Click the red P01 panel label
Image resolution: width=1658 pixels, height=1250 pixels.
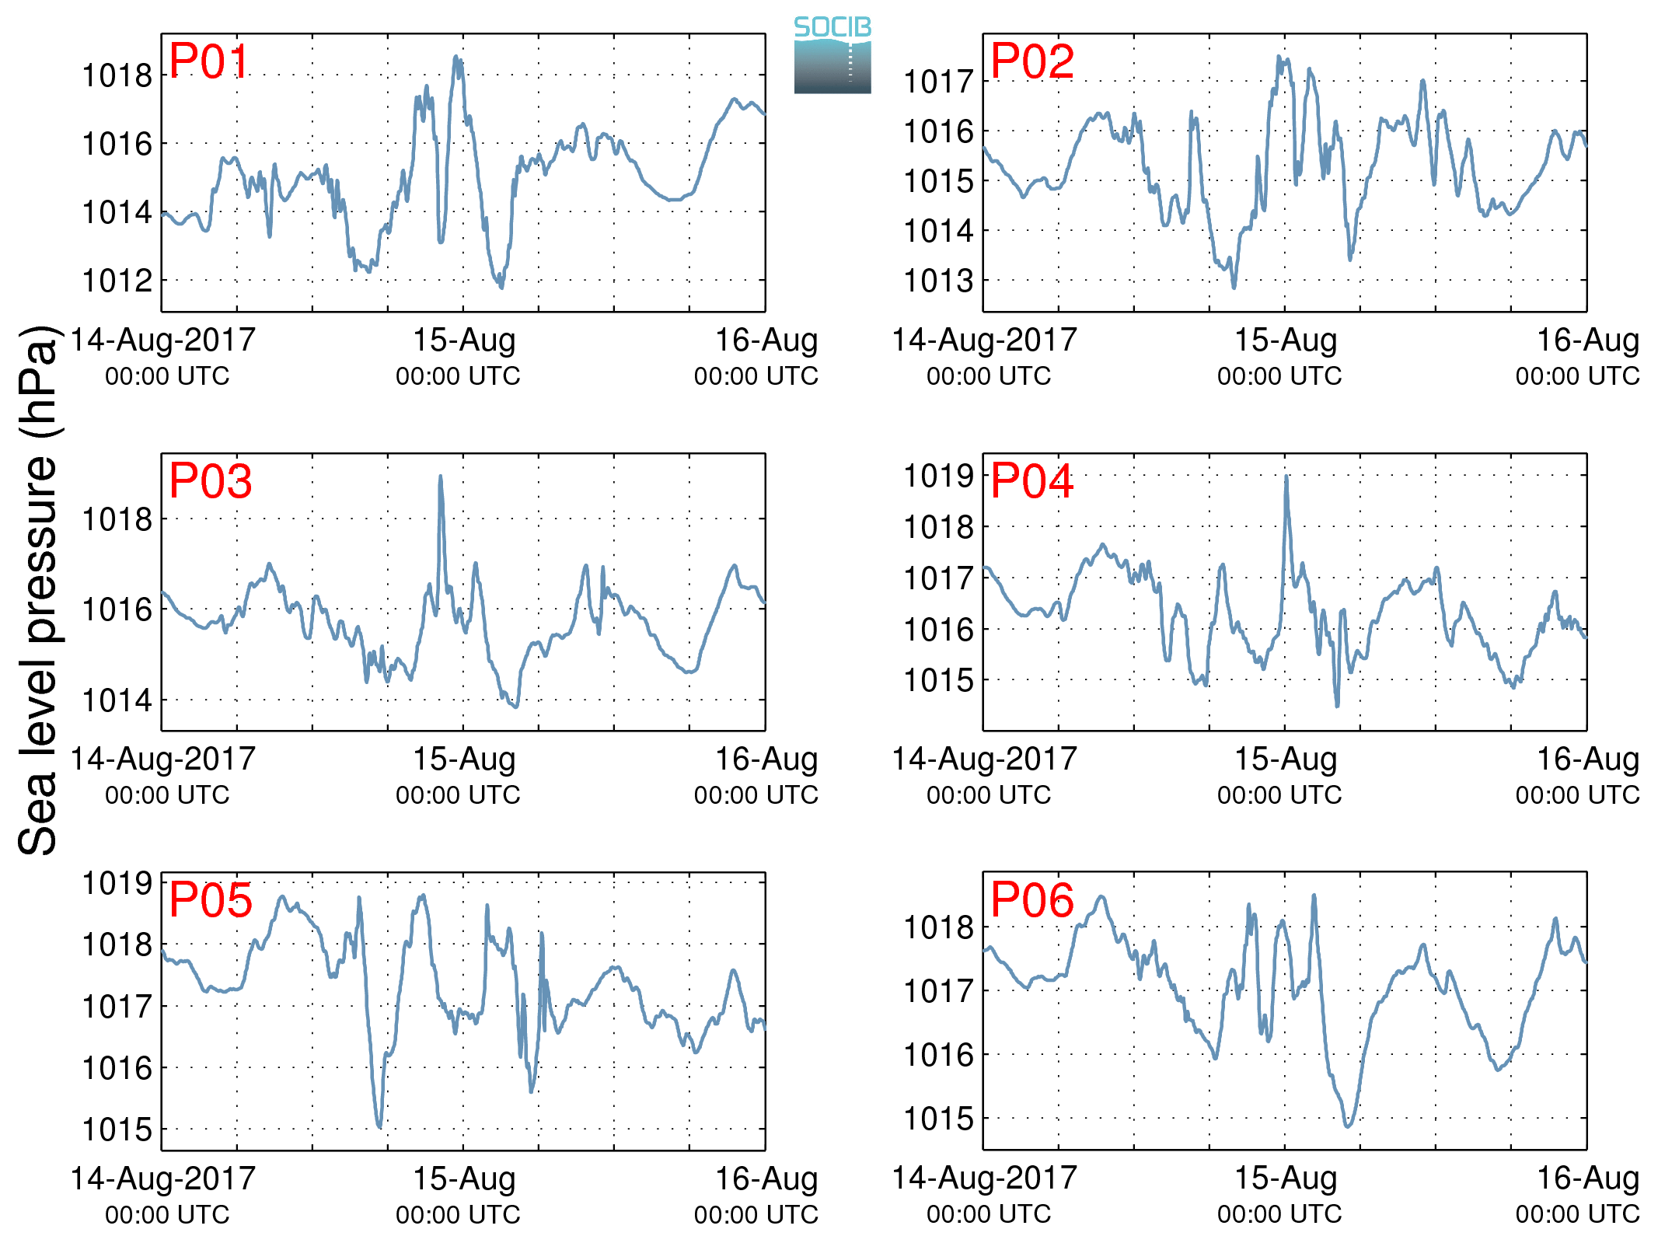[208, 61]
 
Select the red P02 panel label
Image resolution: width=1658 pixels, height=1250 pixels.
[1031, 61]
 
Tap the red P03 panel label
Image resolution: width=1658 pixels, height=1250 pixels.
[210, 481]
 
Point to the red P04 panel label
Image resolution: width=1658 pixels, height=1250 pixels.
[1031, 481]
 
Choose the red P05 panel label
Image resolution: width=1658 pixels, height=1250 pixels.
[210, 900]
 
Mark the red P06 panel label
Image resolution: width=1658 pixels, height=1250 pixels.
[1031, 900]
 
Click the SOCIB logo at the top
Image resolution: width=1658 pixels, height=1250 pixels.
[832, 54]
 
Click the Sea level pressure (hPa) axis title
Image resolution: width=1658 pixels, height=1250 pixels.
[39, 591]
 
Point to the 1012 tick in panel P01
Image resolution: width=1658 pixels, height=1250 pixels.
[117, 281]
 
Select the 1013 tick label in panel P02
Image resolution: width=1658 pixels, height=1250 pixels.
[938, 281]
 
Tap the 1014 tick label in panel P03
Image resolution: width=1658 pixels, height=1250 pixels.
[117, 700]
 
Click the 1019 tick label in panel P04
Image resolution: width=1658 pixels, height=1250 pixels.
[938, 476]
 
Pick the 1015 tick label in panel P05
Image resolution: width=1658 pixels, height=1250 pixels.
[117, 1130]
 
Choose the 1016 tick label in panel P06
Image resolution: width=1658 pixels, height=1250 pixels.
[938, 1055]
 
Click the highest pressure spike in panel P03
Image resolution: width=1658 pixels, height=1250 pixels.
[441, 477]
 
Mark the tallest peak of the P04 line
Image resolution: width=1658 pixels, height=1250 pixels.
[1286, 477]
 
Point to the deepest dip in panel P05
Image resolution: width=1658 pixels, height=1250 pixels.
[379, 1126]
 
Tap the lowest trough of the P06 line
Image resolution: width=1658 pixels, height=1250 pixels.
[1348, 1125]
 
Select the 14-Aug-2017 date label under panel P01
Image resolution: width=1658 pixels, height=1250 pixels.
[163, 340]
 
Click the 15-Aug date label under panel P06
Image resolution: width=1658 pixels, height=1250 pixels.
[1286, 1178]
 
